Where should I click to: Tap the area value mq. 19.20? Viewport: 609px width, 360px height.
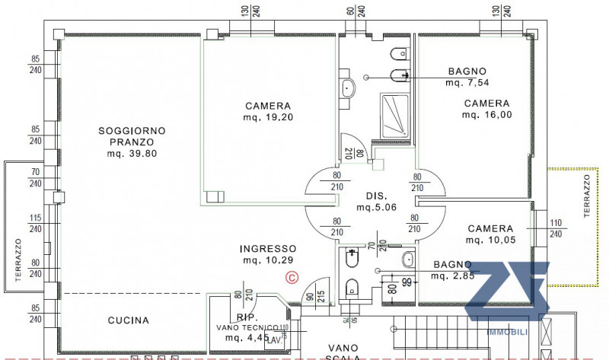(x=269, y=117)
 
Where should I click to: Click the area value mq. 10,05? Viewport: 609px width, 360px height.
(x=490, y=241)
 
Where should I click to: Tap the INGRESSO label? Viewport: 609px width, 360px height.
(x=267, y=249)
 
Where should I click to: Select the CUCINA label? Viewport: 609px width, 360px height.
(x=128, y=320)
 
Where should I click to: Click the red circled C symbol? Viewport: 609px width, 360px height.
(x=291, y=279)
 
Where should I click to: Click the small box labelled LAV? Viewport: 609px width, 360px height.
(x=272, y=341)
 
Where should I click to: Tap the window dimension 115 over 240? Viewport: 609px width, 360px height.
(x=35, y=224)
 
